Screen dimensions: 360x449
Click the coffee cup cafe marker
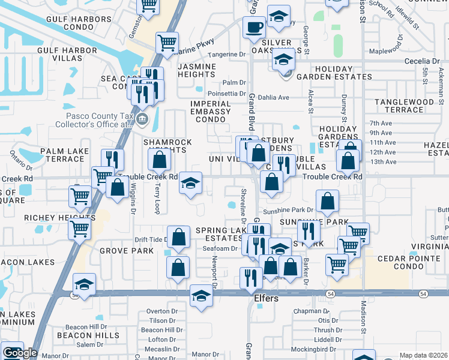[254, 28]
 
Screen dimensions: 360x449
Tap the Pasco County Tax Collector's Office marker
[142, 118]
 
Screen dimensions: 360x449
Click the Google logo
[20, 353]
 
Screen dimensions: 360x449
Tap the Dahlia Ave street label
[273, 97]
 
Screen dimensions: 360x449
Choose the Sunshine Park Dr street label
[288, 211]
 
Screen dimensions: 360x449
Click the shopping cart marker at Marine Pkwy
[166, 43]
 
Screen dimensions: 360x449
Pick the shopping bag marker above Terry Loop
[159, 160]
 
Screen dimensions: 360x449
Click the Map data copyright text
[424, 355]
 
